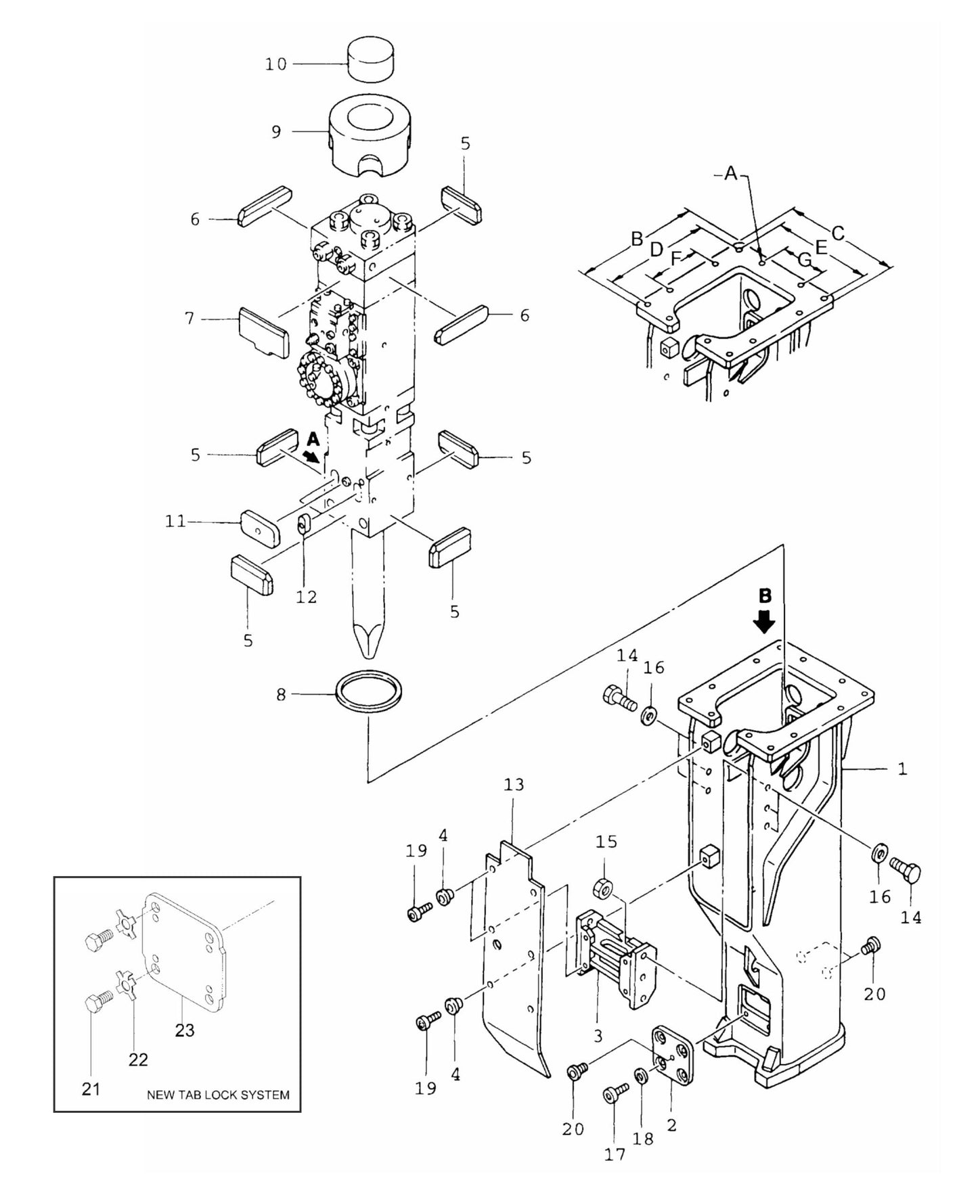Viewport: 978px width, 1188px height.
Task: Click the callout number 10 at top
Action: pos(275,64)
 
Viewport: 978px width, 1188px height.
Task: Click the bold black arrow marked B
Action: pos(765,620)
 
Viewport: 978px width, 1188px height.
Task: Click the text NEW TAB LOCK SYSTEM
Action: pos(218,1095)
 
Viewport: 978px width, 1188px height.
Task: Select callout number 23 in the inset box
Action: pos(184,1030)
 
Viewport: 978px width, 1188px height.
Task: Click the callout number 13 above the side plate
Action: pos(514,785)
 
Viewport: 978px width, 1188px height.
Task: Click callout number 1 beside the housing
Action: pos(902,769)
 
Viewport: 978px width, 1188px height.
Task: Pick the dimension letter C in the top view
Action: pos(838,233)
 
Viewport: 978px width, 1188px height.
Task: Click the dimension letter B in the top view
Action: pos(637,238)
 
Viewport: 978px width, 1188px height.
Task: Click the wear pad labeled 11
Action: pos(260,528)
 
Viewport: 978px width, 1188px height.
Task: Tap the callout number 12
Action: pos(306,597)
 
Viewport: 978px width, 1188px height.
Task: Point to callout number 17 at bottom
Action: pos(615,1154)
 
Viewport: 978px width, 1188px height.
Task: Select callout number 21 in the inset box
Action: pos(91,1089)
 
